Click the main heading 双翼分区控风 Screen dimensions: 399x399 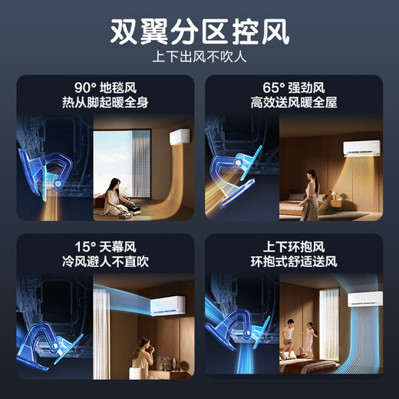[199, 32]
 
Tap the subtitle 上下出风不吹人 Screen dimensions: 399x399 [199, 58]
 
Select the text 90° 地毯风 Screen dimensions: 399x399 [104, 87]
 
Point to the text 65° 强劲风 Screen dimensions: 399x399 [294, 87]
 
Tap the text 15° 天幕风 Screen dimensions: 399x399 [104, 247]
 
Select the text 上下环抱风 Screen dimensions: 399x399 [294, 247]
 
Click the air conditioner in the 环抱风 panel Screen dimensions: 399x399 [364, 300]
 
